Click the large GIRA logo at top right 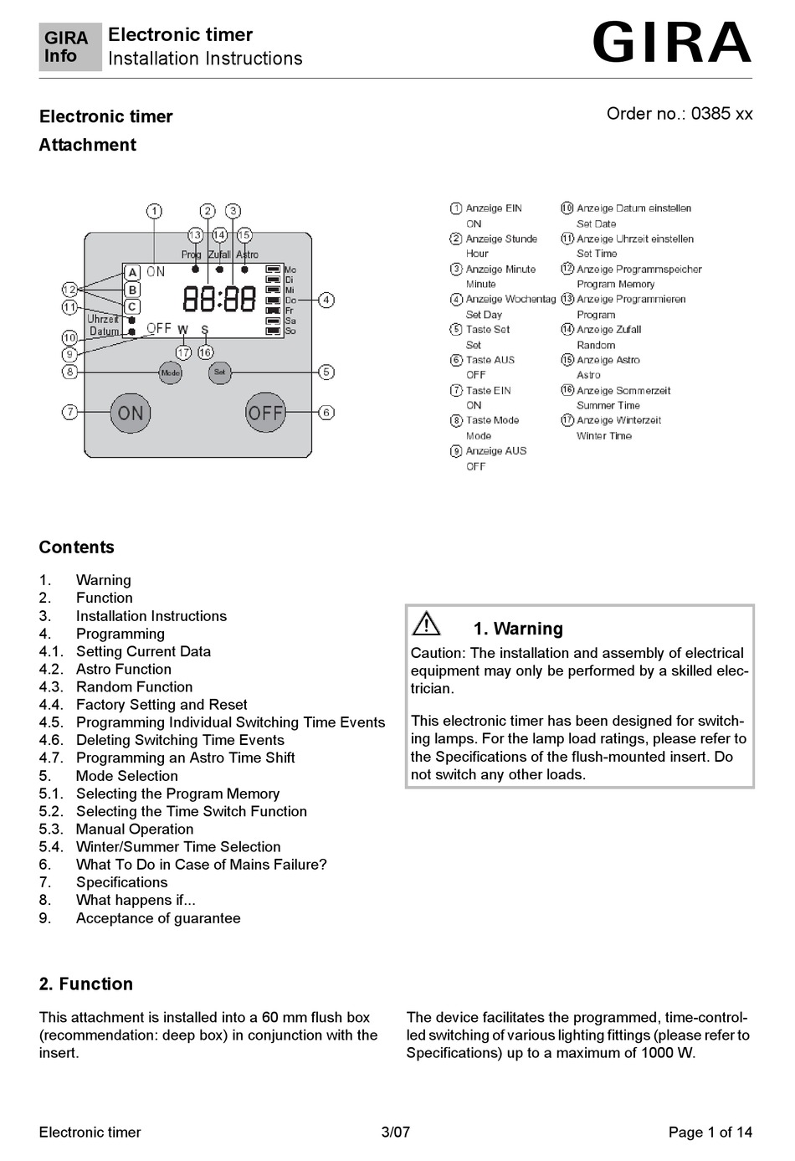(x=671, y=44)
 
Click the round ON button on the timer (x=131, y=413)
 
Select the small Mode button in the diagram (x=170, y=372)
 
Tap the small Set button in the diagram (x=219, y=372)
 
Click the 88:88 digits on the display (x=219, y=299)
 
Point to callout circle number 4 (x=326, y=300)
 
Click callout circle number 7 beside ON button (x=70, y=412)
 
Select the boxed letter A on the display (x=132, y=273)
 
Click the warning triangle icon (x=427, y=624)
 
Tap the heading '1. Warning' (x=518, y=629)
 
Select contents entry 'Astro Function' (x=123, y=669)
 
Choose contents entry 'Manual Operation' (x=134, y=829)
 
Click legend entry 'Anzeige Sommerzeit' (x=623, y=391)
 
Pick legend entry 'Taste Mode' (x=492, y=420)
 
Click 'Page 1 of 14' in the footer (x=710, y=1133)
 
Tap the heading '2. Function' (x=85, y=984)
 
